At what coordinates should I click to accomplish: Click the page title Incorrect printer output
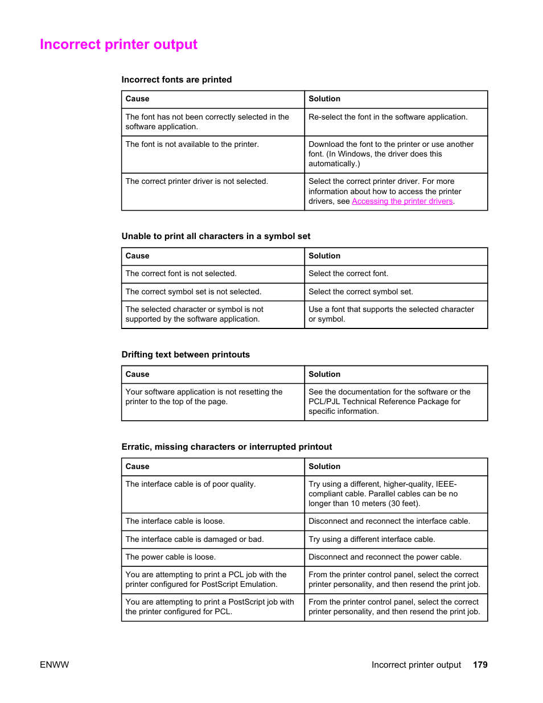tap(118, 44)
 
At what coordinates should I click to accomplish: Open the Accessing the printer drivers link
tap(402, 202)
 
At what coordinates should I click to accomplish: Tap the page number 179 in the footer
tap(480, 665)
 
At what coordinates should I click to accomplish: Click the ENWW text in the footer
tap(54, 665)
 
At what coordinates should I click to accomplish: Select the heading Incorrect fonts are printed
tap(176, 80)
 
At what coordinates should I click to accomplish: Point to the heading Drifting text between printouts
tap(186, 355)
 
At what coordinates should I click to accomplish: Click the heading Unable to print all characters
tap(216, 236)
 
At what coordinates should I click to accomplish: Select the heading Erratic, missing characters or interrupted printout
tap(227, 447)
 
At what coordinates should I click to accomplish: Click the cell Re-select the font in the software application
tap(388, 117)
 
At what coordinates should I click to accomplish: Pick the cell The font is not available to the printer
tap(192, 145)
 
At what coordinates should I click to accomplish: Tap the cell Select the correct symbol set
tap(360, 292)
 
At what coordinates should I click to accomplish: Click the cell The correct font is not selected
tap(180, 274)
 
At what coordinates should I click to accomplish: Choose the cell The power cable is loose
tap(170, 557)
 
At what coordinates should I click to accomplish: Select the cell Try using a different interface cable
tap(371, 540)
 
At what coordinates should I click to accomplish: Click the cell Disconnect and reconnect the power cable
tap(385, 557)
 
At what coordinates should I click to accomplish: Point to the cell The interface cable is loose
tap(175, 521)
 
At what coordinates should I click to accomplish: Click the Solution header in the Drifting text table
tap(324, 375)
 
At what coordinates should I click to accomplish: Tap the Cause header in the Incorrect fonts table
tap(137, 99)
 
